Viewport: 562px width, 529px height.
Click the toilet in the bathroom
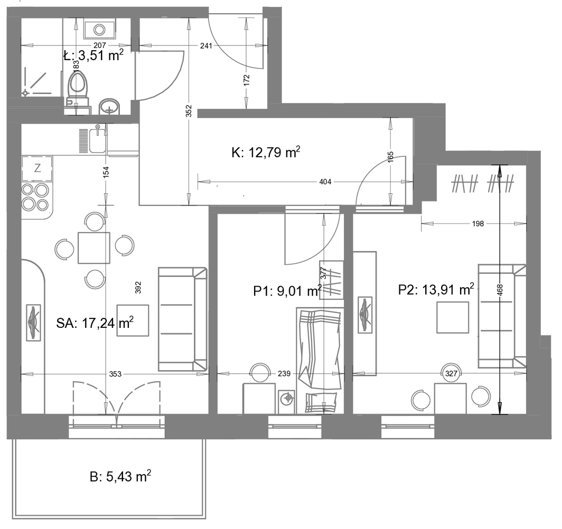coord(78,88)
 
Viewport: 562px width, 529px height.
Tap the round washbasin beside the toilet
coord(110,106)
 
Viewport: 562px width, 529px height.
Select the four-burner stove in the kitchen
coord(35,196)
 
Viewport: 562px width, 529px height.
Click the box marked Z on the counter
coord(38,168)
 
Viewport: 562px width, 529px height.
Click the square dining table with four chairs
coord(94,248)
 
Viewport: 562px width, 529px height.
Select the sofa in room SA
coord(183,319)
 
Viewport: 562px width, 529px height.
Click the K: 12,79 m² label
coord(266,152)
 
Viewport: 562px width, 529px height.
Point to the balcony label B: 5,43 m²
coord(120,477)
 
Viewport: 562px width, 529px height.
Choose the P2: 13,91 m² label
coord(436,289)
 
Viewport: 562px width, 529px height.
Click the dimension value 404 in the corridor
coord(325,182)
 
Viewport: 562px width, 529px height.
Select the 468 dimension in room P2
coord(500,289)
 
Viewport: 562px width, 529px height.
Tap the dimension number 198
coord(478,224)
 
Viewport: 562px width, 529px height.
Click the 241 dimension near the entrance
coord(206,45)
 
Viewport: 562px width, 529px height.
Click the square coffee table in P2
coord(453,317)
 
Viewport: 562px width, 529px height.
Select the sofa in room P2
coord(502,316)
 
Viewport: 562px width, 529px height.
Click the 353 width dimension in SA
coord(115,374)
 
